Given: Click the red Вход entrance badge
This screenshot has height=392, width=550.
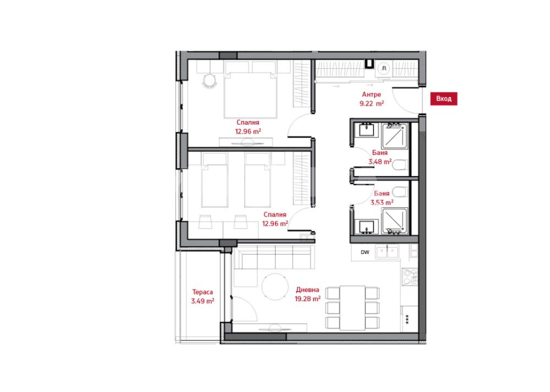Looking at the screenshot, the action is coord(444,98).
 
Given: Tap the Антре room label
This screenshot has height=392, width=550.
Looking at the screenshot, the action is coord(371,95).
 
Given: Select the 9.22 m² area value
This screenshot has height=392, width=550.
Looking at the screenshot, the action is coord(371,103).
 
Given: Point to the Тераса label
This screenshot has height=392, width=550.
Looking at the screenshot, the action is coord(202,292).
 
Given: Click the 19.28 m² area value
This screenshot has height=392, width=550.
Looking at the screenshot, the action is coord(307,299).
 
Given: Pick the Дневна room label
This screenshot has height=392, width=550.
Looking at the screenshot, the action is coord(307,290).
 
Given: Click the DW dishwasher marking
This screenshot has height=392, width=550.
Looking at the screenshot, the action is coord(365,252).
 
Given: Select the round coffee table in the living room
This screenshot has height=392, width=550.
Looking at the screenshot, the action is coord(275,286).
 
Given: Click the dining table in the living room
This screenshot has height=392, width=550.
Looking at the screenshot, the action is coord(353,308).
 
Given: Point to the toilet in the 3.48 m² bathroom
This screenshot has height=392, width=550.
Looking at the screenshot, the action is coord(400,164).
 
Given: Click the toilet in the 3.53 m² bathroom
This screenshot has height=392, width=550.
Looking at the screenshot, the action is coord(400,192).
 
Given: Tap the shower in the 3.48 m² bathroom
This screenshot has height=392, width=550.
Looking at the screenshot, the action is coord(395,135).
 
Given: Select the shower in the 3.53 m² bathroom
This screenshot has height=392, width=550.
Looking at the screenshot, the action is coord(395,221).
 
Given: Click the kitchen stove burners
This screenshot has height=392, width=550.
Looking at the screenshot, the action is coord(409,277).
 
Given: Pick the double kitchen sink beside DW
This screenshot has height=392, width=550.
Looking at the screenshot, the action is coord(387,251).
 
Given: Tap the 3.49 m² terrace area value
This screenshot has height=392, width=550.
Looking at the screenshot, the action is coord(203,301).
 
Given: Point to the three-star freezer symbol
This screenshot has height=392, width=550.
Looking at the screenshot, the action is coord(407,319).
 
